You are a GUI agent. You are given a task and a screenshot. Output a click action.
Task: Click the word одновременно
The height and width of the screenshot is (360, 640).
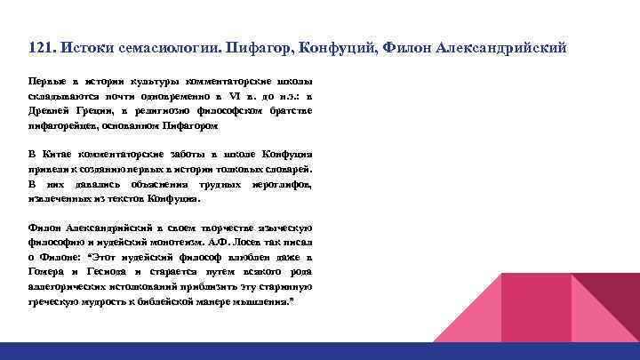[198, 94]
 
